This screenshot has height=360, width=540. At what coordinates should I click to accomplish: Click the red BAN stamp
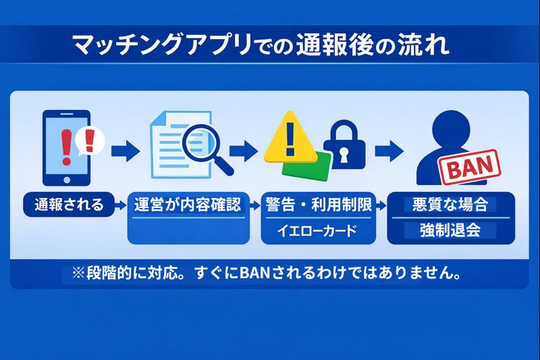[x=470, y=166]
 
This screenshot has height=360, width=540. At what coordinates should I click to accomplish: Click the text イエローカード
[x=317, y=231]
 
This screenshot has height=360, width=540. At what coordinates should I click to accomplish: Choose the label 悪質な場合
[x=449, y=205]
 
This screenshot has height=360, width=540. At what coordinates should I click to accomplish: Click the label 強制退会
[x=449, y=230]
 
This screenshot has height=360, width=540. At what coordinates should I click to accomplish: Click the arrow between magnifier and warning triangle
[x=244, y=149]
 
